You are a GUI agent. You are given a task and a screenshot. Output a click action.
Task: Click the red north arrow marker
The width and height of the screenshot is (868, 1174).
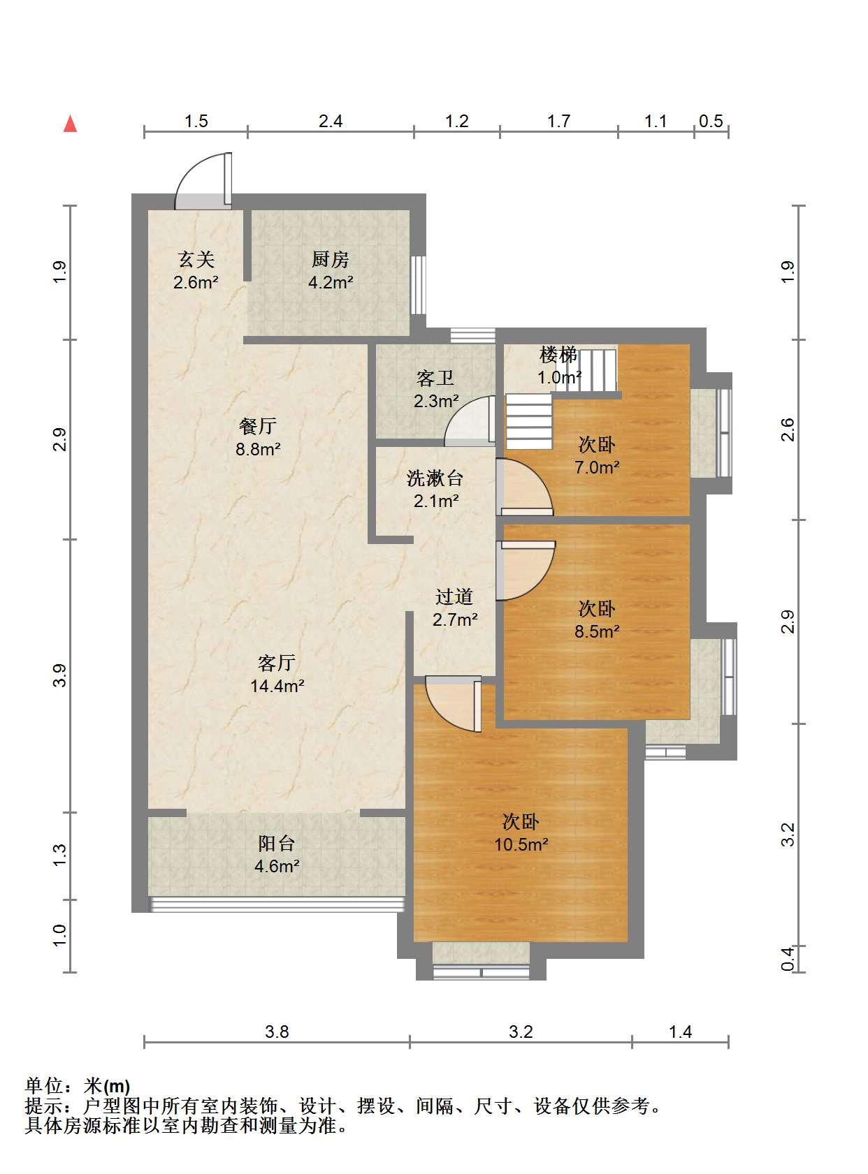(x=71, y=124)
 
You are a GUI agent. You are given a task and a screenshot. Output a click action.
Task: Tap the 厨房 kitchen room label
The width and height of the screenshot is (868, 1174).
(x=330, y=259)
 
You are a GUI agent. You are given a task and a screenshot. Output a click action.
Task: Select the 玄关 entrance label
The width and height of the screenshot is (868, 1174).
(x=196, y=259)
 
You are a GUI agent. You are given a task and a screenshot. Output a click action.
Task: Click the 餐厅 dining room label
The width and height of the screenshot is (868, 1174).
(x=258, y=425)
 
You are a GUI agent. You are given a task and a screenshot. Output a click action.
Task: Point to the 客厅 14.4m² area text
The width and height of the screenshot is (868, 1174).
(x=277, y=686)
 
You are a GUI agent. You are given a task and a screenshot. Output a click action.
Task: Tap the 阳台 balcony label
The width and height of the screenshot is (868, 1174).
(x=277, y=843)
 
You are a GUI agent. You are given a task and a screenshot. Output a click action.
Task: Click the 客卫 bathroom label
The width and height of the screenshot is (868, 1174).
(x=435, y=378)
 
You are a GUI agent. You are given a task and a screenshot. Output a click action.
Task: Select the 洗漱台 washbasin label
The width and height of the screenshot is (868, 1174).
(x=435, y=478)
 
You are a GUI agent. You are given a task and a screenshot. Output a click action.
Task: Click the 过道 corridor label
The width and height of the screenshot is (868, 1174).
(x=454, y=596)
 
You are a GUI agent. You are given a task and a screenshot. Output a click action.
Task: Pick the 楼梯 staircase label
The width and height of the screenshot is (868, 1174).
(x=558, y=355)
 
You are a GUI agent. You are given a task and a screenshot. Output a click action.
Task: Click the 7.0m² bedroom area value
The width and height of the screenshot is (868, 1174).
(x=598, y=467)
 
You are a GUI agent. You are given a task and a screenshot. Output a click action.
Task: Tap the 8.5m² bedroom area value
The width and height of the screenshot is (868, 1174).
(x=598, y=631)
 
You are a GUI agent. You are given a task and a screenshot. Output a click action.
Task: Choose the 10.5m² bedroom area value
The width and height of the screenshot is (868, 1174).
(x=521, y=845)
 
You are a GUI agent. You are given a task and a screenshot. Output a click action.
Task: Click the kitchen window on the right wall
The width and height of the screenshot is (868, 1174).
(x=419, y=286)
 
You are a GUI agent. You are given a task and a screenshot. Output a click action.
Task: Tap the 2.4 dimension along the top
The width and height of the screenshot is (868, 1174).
(x=330, y=122)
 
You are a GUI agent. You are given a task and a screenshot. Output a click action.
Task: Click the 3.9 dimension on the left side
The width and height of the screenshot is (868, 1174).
(x=60, y=675)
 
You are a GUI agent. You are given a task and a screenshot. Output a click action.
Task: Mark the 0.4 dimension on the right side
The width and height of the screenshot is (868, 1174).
(x=788, y=959)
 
